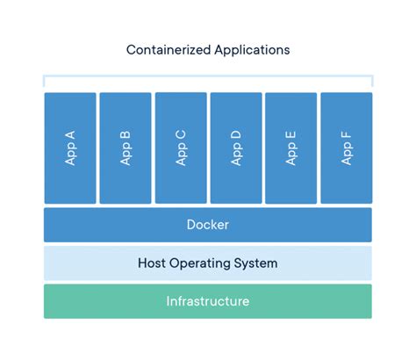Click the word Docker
point(208,225)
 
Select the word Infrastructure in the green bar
point(208,301)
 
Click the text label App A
point(70,148)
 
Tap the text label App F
point(347,148)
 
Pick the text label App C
point(181,148)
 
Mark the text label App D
point(236,148)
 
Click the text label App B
point(126,148)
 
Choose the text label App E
point(291,148)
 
